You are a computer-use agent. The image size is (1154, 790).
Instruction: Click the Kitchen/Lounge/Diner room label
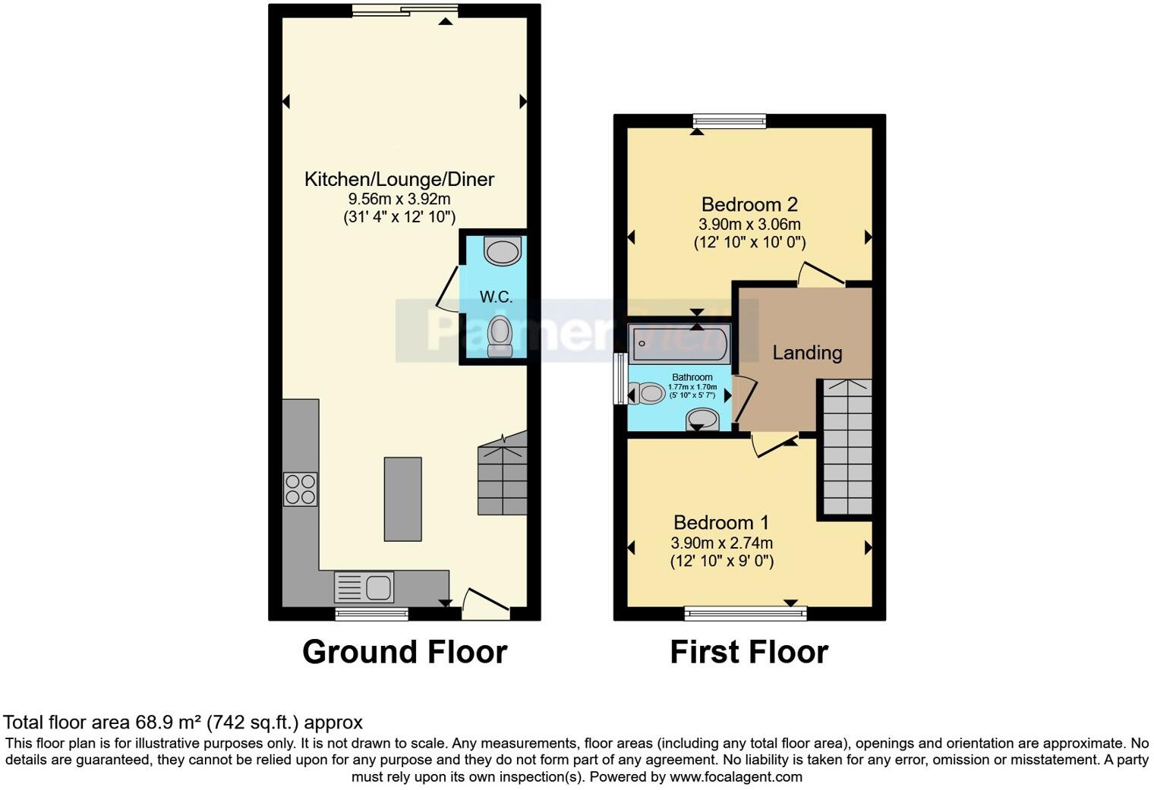(399, 179)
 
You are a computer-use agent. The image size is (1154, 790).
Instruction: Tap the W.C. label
(496, 297)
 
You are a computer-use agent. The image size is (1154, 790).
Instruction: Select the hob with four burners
(300, 489)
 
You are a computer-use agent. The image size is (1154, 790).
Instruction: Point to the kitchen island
(402, 499)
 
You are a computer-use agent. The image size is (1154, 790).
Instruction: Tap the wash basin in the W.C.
(503, 251)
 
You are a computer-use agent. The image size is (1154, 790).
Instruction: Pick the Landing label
(807, 353)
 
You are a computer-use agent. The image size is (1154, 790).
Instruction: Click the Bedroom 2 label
(749, 204)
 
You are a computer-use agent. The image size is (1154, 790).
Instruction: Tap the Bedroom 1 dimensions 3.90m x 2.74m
(721, 543)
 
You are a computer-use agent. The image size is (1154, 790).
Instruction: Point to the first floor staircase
(847, 448)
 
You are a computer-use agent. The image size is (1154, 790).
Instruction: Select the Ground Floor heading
(405, 652)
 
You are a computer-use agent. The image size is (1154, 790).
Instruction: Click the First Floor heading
(749, 652)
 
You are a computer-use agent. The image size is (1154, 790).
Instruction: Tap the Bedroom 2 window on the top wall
(730, 121)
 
